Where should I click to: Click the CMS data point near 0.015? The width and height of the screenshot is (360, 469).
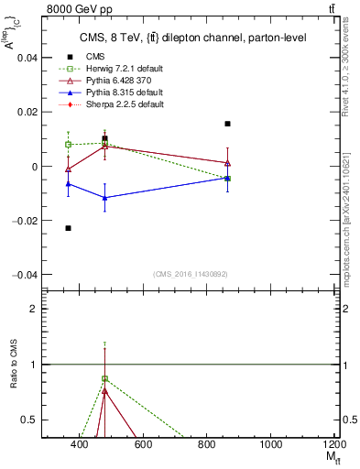(227, 124)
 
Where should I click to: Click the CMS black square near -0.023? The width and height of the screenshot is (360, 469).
(68, 228)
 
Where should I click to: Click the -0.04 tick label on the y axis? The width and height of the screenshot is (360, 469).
(27, 275)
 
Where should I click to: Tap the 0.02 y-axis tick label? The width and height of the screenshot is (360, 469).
(28, 112)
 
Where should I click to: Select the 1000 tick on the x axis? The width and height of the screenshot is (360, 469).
(271, 444)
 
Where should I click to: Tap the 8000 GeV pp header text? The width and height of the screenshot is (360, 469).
(74, 9)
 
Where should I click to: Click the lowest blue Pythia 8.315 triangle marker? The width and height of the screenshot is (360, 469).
(105, 198)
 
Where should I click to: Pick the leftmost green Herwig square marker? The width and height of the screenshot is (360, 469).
(68, 145)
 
